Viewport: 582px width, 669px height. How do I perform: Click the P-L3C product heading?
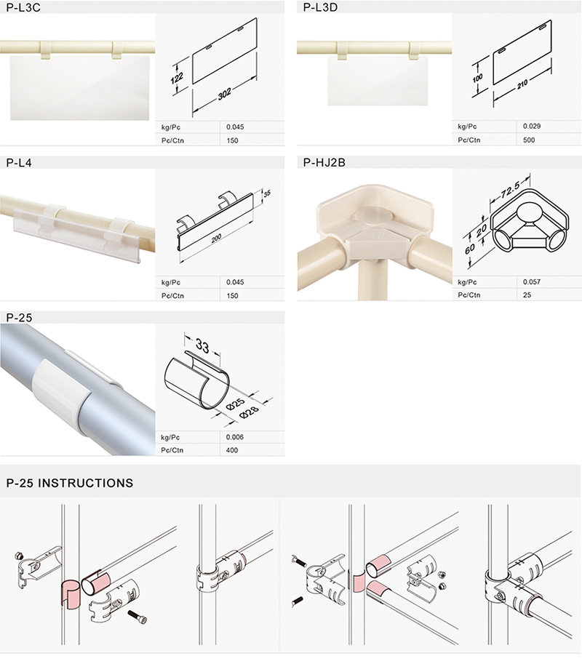tap(23, 7)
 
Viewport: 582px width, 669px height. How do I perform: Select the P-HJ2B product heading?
tap(324, 163)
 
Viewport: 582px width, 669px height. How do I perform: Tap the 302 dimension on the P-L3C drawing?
tap(225, 94)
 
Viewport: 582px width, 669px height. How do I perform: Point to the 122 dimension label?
tap(177, 78)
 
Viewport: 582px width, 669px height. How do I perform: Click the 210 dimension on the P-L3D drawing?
tap(522, 84)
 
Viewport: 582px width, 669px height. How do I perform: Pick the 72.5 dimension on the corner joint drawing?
tap(510, 189)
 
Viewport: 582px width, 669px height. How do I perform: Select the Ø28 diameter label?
tap(250, 412)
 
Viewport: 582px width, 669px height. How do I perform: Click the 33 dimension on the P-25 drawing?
tap(202, 345)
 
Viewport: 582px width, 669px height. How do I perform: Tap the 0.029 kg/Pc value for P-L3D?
tap(532, 127)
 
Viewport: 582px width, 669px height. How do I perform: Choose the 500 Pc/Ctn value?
tap(529, 140)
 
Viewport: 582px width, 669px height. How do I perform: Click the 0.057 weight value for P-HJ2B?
tap(532, 282)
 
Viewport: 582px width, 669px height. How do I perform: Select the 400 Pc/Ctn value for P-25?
tap(232, 450)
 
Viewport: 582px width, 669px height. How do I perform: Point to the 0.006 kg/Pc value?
tap(235, 437)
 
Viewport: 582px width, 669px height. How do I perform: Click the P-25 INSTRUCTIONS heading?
tap(70, 483)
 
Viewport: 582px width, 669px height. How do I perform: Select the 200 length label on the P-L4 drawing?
tap(217, 238)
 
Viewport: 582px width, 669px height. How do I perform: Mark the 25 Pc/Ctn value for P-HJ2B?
tap(527, 295)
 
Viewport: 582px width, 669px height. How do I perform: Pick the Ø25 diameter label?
tap(235, 404)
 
